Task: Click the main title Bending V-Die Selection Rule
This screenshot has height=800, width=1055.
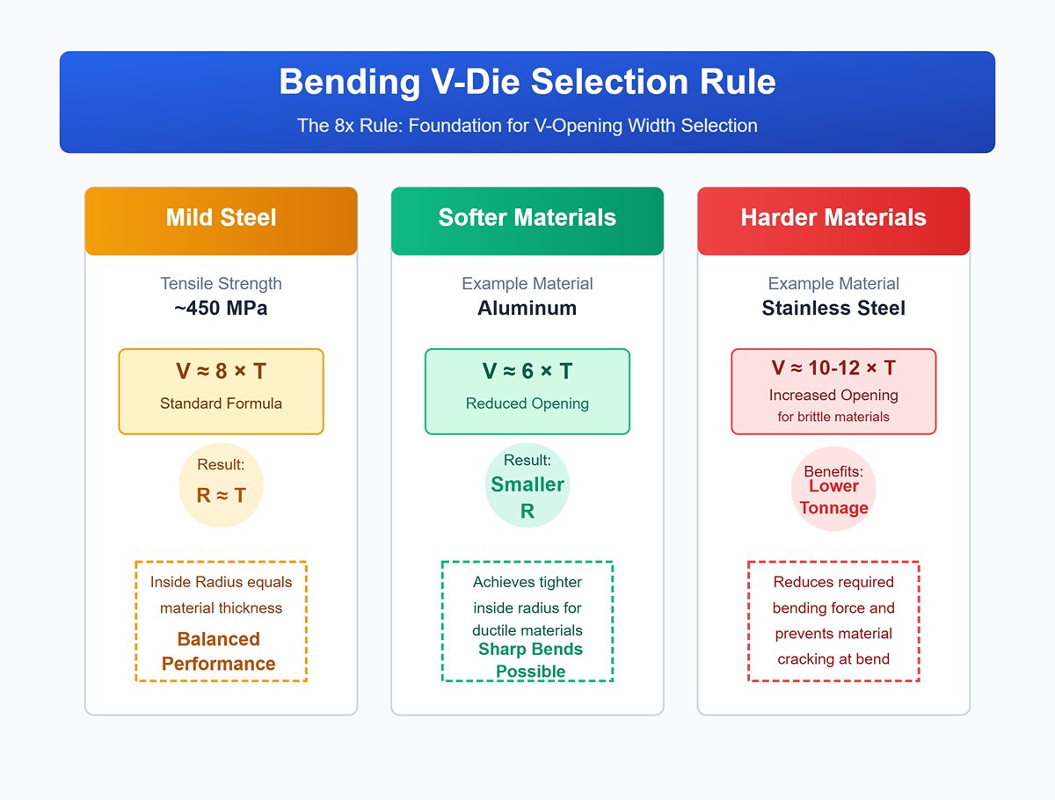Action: (x=527, y=82)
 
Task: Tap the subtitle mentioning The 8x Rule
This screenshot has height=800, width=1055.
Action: (x=527, y=126)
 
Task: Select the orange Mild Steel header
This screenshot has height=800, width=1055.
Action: (x=221, y=218)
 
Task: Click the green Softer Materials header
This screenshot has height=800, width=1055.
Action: (x=527, y=218)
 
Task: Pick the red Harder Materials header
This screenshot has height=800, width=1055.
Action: (x=833, y=218)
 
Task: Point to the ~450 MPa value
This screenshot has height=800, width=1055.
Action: (x=221, y=309)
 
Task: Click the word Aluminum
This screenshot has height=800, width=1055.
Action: (x=527, y=309)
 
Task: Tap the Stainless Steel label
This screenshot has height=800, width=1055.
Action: (x=833, y=309)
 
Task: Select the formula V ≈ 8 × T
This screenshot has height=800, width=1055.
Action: (x=221, y=372)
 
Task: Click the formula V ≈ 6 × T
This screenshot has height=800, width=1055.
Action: (x=527, y=372)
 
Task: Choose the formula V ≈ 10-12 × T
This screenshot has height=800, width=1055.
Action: (x=833, y=368)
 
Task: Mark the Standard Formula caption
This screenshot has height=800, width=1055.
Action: (x=221, y=404)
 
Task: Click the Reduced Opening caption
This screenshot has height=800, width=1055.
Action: (x=527, y=404)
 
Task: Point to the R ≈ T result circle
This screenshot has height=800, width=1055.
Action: (x=221, y=485)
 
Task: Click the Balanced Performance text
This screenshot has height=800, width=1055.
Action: (x=219, y=651)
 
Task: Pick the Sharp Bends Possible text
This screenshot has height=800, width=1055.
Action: (x=530, y=660)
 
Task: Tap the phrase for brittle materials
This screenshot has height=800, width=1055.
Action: (x=833, y=417)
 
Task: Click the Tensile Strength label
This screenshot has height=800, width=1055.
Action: (x=221, y=284)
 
